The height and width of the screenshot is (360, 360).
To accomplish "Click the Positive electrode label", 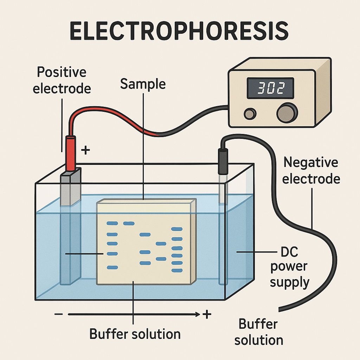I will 62,80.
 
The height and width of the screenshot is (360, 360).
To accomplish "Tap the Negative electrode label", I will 311,171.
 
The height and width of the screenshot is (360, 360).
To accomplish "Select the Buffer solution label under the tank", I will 135,333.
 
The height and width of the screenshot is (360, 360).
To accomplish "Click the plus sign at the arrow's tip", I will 207,314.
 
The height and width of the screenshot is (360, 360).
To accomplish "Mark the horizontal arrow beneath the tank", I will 134,314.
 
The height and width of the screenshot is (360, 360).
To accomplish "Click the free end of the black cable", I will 281,309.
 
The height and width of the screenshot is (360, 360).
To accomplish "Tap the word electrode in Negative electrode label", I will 311,179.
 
